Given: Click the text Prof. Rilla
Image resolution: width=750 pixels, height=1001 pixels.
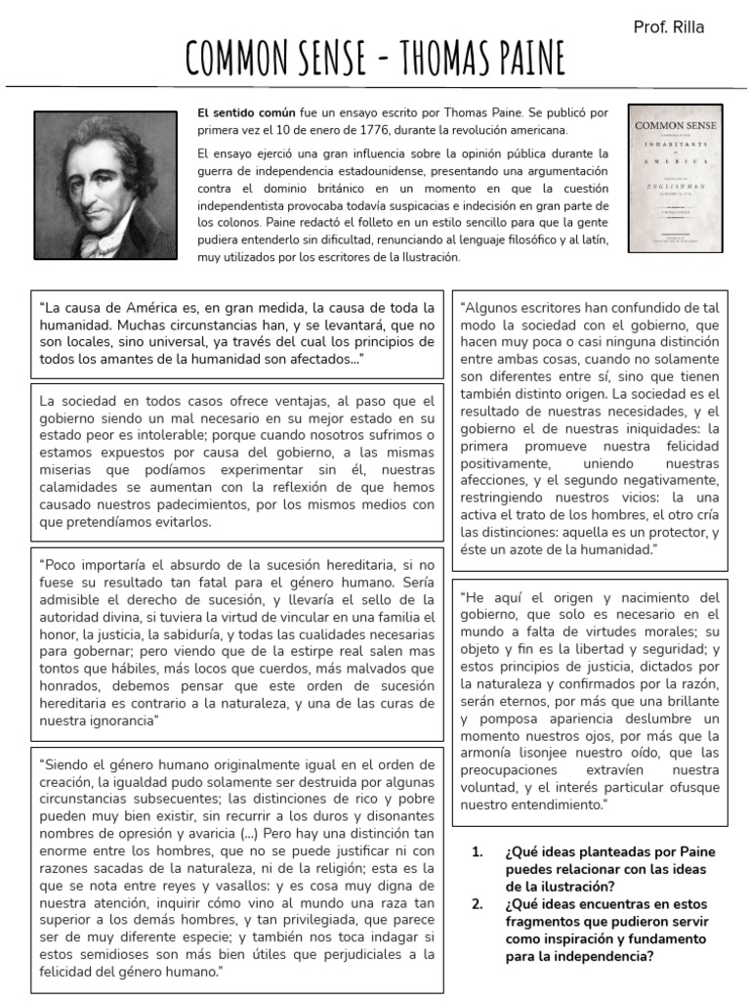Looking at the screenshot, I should [x=669, y=27].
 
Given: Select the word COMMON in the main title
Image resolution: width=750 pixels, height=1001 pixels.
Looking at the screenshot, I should [x=239, y=61].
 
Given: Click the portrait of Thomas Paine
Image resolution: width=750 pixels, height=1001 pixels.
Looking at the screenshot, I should [x=105, y=185].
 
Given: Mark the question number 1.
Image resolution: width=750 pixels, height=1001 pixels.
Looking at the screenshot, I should [x=478, y=851].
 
